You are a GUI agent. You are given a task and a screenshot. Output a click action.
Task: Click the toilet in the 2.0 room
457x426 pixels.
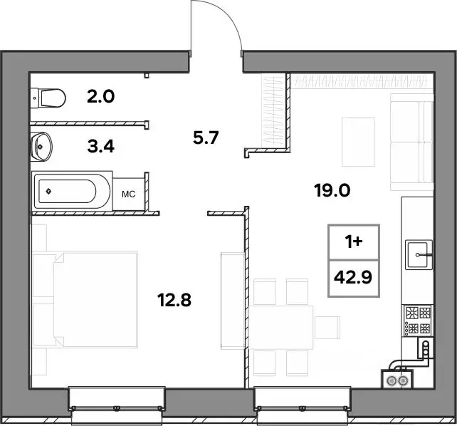(x=48, y=98)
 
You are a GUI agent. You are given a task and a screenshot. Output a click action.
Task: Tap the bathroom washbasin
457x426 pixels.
(x=41, y=146)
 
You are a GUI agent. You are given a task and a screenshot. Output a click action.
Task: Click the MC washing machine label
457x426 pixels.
(x=129, y=194)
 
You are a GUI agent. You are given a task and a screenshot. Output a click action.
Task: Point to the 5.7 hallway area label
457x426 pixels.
(x=206, y=137)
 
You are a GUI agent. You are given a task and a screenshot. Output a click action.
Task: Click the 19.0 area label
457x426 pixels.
(x=332, y=191)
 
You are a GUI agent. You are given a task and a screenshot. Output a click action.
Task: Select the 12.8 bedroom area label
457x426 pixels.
(x=174, y=300)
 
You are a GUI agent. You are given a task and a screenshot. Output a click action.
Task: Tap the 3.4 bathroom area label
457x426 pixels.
(x=100, y=146)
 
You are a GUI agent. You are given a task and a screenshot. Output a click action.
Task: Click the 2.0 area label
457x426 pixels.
(x=100, y=96)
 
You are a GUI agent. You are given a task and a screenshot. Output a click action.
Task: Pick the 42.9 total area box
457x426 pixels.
(x=354, y=278)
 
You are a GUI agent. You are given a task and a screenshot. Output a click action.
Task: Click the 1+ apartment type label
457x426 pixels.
(x=354, y=242)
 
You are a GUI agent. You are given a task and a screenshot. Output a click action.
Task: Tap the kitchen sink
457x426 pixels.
(x=419, y=254)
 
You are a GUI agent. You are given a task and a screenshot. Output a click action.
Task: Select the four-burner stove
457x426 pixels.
(x=417, y=320)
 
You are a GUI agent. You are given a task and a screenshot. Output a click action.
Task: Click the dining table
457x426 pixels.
(x=282, y=327)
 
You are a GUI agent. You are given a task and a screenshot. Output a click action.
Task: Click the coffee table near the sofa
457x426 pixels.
(x=358, y=142)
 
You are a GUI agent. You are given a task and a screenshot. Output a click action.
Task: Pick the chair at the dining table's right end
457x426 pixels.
(x=327, y=328)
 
